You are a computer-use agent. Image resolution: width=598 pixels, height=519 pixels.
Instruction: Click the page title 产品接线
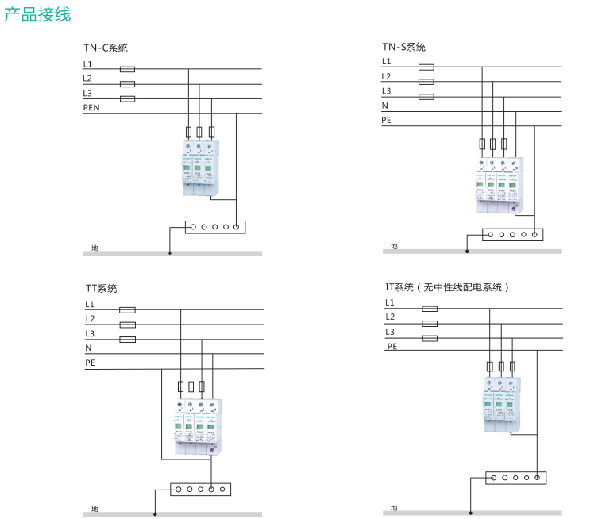click(x=37, y=14)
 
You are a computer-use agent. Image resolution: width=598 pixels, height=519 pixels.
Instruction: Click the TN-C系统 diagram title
click(x=106, y=48)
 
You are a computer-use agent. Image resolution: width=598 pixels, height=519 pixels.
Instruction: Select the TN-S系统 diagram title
click(x=403, y=47)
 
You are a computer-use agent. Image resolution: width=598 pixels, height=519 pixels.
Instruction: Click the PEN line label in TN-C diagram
click(x=91, y=107)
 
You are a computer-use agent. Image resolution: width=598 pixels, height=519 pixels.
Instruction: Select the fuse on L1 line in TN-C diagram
click(x=126, y=69)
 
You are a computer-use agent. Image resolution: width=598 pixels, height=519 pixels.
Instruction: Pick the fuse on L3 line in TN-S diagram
click(x=426, y=97)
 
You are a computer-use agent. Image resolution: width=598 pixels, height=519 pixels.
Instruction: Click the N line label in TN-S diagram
click(x=385, y=106)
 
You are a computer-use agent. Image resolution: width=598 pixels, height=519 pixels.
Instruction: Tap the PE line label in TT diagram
click(x=91, y=363)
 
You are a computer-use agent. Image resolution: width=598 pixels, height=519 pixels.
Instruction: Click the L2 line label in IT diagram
click(x=390, y=317)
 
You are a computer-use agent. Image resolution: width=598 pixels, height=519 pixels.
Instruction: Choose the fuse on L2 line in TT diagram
click(x=126, y=325)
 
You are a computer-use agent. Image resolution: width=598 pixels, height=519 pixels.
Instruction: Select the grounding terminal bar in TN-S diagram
click(x=513, y=234)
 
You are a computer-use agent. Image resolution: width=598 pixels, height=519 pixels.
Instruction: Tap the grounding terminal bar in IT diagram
click(x=516, y=478)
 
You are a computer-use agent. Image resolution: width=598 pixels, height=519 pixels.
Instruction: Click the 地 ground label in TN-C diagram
click(x=95, y=248)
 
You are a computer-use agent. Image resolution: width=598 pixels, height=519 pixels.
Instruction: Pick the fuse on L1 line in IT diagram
click(x=430, y=309)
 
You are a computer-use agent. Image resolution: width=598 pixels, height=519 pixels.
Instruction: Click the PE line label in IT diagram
click(x=392, y=347)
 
